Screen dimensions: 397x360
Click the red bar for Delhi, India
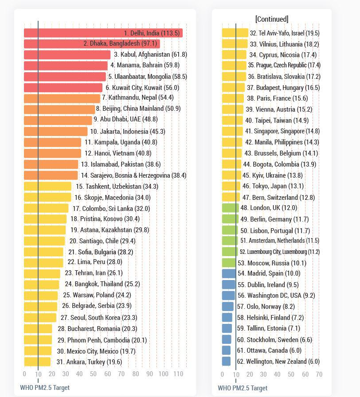click(x=103, y=33)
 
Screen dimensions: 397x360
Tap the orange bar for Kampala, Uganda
click(x=52, y=142)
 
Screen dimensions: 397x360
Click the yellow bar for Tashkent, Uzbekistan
click(x=47, y=187)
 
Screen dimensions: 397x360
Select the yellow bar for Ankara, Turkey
click(x=37, y=362)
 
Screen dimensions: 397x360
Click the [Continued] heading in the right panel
click(x=271, y=19)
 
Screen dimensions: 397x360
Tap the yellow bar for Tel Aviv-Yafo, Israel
click(x=235, y=33)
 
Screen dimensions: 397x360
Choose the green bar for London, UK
click(x=230, y=208)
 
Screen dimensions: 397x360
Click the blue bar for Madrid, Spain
click(x=229, y=273)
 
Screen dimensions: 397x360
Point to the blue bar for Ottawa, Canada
click(x=226, y=350)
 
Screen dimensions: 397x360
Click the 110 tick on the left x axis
click(x=178, y=374)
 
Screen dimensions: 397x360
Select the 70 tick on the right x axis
click(x=319, y=374)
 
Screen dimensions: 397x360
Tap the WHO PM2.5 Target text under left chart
click(x=45, y=388)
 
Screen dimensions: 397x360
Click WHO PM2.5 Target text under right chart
click(x=243, y=388)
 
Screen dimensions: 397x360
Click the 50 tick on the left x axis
click(x=94, y=374)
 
